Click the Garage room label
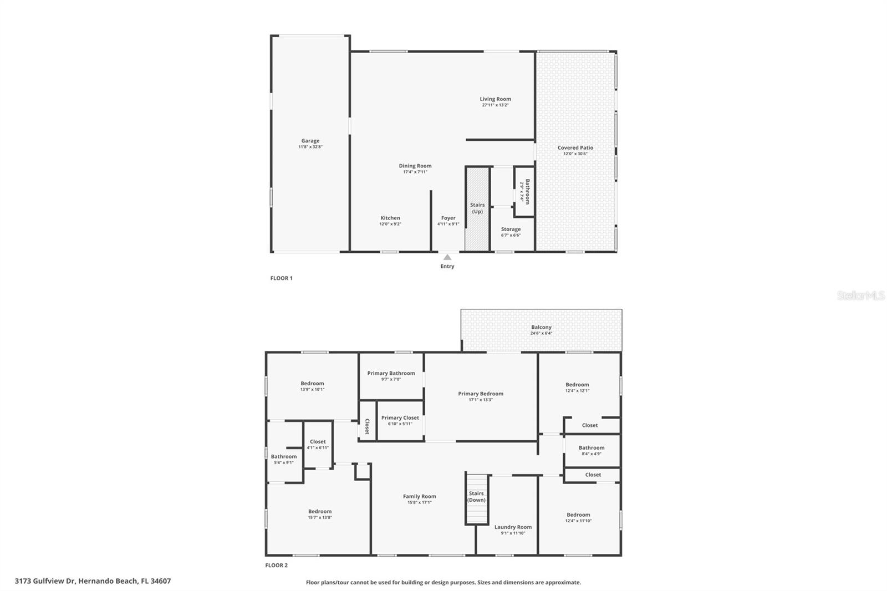click(x=310, y=141)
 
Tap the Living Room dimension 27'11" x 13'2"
click(x=495, y=105)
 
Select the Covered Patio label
click(x=575, y=148)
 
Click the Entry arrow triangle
click(x=447, y=257)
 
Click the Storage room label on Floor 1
click(x=511, y=229)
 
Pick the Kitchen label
click(x=390, y=218)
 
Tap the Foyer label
click(x=448, y=218)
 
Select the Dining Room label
click(x=415, y=166)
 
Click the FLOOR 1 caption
click(x=281, y=278)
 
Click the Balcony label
click(x=541, y=327)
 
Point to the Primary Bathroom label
click(x=391, y=373)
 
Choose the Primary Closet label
click(x=400, y=417)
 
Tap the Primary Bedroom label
click(x=480, y=394)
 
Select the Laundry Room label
click(x=513, y=527)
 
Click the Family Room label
click(x=419, y=496)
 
